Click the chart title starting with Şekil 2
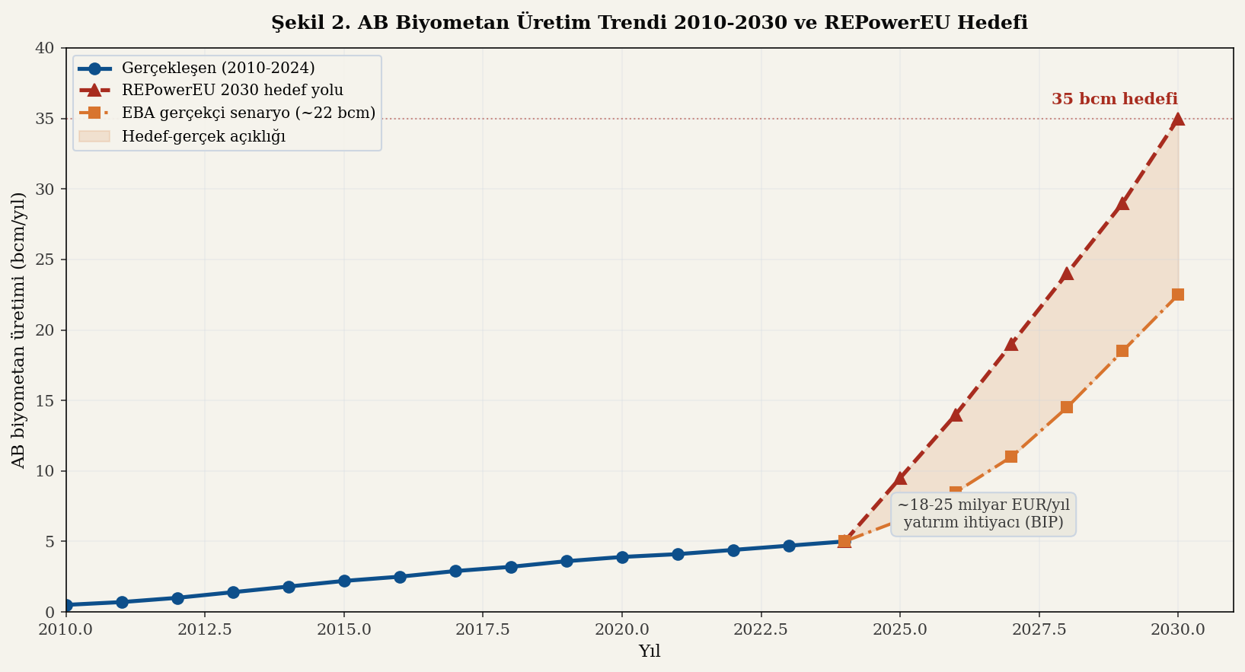(x=649, y=23)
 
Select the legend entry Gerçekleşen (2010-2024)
(x=218, y=68)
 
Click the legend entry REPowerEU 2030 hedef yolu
(x=232, y=90)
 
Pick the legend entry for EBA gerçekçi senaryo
(x=248, y=113)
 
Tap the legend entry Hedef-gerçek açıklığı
(x=203, y=136)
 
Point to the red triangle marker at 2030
(x=1177, y=119)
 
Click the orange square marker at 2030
(x=1177, y=295)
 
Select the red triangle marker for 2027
(x=1010, y=344)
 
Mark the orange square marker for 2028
(x=1066, y=407)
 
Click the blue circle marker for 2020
(x=622, y=557)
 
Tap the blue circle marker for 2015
(x=344, y=581)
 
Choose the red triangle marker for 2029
(x=1122, y=203)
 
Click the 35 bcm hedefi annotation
(x=1114, y=100)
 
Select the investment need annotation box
(x=983, y=514)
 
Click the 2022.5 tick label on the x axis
(x=761, y=630)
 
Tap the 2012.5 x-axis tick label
(x=205, y=630)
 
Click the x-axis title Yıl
(x=649, y=651)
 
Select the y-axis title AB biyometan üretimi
(x=18, y=330)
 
